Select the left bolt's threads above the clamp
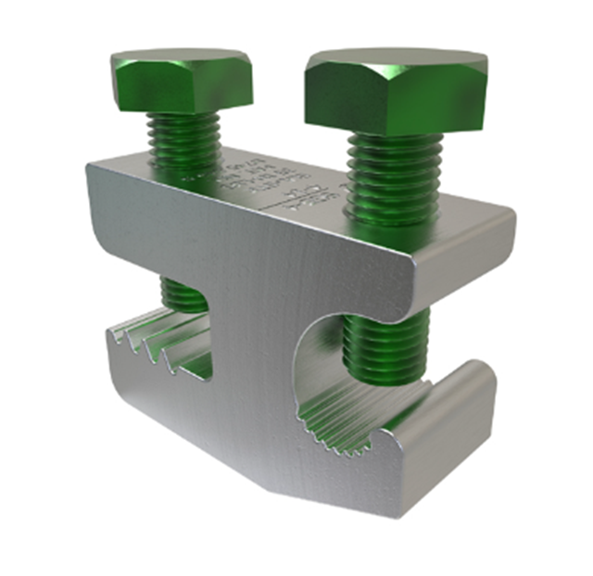(x=186, y=139)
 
